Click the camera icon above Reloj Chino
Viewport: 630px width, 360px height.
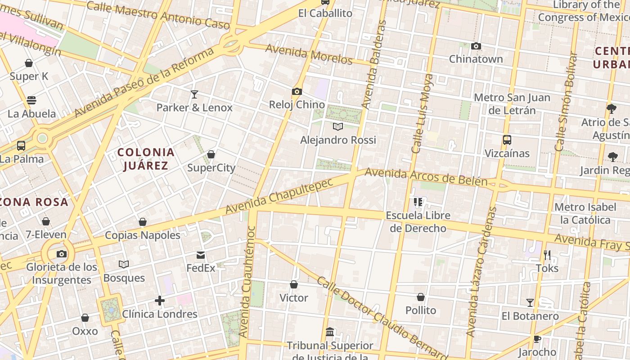(297, 92)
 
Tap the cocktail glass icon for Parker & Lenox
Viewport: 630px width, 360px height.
(194, 94)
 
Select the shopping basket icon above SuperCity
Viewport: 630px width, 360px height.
(211, 155)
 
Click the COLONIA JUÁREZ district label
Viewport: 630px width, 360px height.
(146, 159)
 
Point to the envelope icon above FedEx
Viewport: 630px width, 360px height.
(201, 255)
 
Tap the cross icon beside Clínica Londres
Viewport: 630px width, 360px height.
(160, 301)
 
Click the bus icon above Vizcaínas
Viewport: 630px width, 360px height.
(507, 140)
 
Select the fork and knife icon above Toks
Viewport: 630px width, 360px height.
(547, 255)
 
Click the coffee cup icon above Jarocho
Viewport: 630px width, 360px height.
(537, 339)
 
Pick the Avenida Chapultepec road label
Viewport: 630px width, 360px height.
(279, 196)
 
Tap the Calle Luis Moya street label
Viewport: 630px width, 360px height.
(422, 113)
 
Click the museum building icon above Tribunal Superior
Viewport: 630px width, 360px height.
(330, 332)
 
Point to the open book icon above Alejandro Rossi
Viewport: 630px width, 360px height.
(338, 127)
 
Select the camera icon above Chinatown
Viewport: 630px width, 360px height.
(476, 46)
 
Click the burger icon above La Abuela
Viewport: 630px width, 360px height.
(31, 100)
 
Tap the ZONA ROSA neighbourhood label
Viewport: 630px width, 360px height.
(34, 202)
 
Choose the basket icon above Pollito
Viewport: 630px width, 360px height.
(421, 297)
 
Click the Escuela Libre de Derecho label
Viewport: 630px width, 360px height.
(418, 222)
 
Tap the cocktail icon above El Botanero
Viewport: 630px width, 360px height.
(530, 303)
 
